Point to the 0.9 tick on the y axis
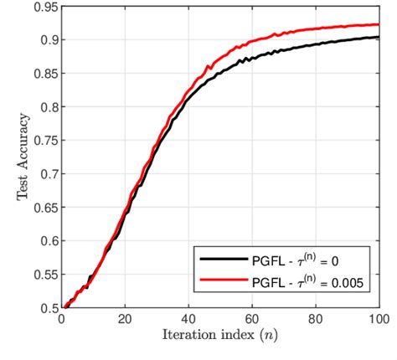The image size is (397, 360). point(48,40)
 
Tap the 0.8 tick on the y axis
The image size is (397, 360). point(48,107)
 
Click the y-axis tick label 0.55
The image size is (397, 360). point(44,275)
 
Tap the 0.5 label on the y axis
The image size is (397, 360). point(48,308)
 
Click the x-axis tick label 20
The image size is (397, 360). point(125,320)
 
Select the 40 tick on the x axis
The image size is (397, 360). point(188,320)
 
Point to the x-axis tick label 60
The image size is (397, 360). point(252,320)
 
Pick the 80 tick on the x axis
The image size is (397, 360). point(316,320)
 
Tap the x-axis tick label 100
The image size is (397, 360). point(378,320)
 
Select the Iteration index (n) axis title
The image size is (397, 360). point(219,337)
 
